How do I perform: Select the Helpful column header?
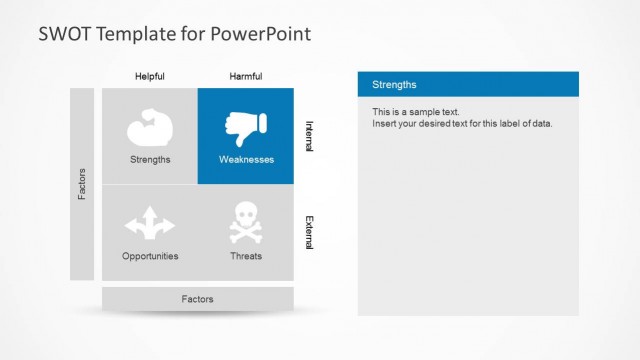point(150,76)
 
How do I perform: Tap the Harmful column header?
point(246,76)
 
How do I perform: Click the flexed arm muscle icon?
point(150,129)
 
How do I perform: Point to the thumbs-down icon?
point(246,127)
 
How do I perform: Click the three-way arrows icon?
point(150,222)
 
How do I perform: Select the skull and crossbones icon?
point(246,222)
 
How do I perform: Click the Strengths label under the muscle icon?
point(150,159)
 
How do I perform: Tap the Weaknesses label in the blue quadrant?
point(246,159)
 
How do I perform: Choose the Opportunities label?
point(150,256)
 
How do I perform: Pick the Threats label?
point(246,256)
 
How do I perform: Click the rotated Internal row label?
point(309,136)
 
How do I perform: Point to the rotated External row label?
point(309,232)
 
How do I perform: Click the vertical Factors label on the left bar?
point(82,183)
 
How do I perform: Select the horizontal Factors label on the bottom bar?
point(197,299)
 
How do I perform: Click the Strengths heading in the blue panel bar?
point(394,85)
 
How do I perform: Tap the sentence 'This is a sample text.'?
point(416,112)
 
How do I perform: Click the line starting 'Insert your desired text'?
point(462,124)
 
